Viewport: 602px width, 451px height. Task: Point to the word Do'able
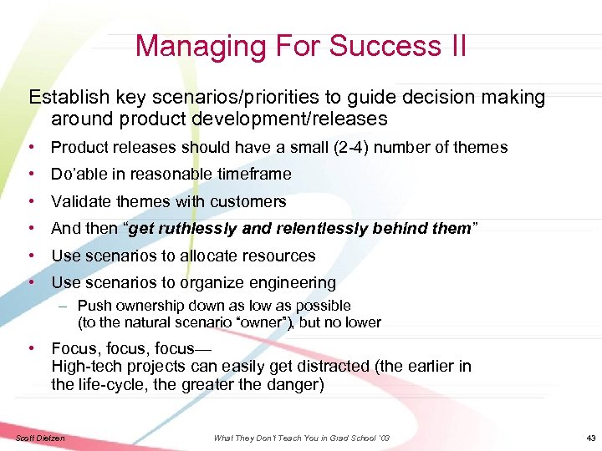tap(78, 175)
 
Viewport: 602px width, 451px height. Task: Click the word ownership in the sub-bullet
tap(149, 307)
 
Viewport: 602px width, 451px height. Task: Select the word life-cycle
tap(116, 385)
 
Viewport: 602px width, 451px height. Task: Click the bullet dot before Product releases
tap(30, 148)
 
